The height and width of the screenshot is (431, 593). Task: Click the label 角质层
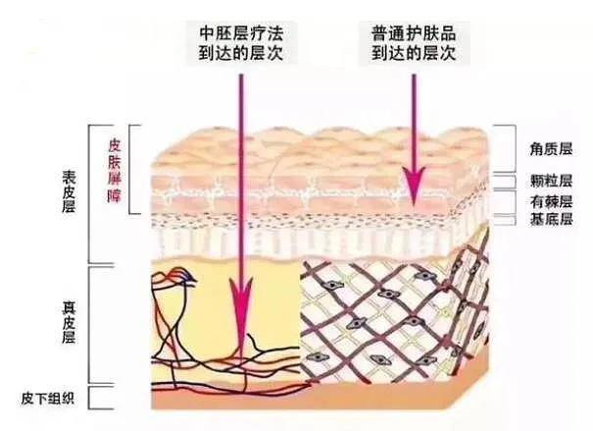[x=551, y=149]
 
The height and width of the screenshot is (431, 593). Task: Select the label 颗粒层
[x=551, y=181]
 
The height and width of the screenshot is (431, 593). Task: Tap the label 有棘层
[x=551, y=202]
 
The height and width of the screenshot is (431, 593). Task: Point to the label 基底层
[x=551, y=219]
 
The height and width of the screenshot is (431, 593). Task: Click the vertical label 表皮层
[x=69, y=191]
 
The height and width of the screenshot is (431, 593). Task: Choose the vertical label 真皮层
[x=69, y=323]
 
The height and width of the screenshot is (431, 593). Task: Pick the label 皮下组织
[x=48, y=399]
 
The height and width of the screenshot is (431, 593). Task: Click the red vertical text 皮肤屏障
[x=115, y=170]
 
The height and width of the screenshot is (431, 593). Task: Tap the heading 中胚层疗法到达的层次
[x=241, y=43]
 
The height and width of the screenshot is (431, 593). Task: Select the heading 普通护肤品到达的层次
[x=414, y=43]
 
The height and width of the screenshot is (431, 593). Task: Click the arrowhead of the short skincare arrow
[x=414, y=186]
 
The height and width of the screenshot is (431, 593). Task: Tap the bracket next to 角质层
[x=515, y=148]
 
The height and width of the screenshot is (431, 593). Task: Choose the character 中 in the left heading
[x=207, y=33]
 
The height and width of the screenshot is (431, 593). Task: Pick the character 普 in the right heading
[x=379, y=33]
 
